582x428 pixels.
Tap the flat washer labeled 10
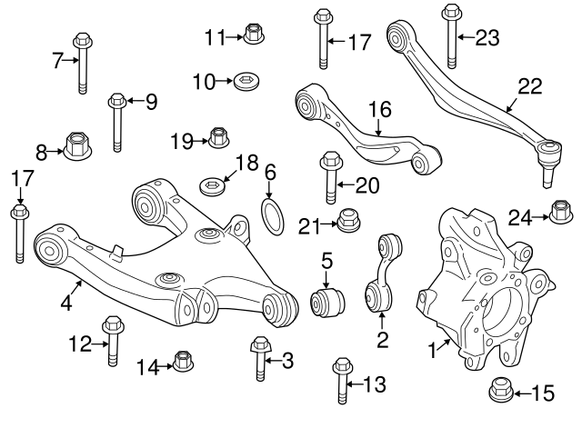point(243,83)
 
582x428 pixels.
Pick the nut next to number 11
point(254,35)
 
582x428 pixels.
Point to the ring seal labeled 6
point(272,216)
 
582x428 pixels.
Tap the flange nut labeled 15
point(499,390)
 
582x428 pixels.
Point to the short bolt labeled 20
point(329,181)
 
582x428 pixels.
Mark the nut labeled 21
point(346,219)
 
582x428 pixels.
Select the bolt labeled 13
point(343,382)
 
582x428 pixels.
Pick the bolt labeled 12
point(113,340)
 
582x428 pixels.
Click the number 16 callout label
point(379,111)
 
